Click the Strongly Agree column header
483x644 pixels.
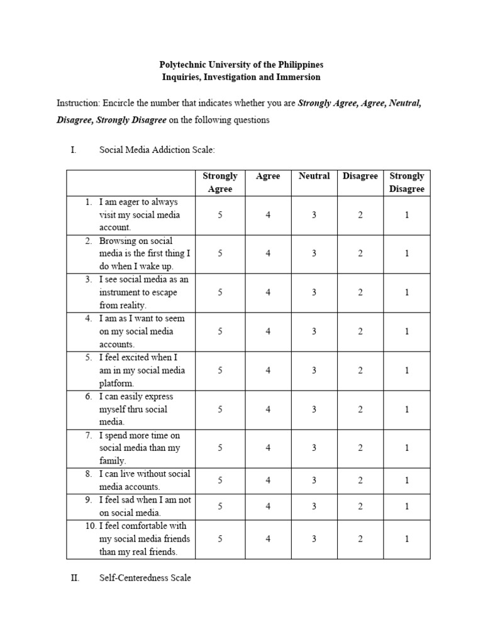tap(219, 182)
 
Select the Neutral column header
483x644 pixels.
tap(314, 176)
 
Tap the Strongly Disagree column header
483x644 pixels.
tap(406, 182)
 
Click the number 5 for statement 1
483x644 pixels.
tap(220, 215)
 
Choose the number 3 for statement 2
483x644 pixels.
tap(314, 253)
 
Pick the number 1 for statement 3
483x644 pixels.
tap(407, 292)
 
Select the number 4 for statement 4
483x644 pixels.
tap(268, 331)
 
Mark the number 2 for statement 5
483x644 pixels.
tap(360, 370)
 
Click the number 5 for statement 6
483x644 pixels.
tap(220, 409)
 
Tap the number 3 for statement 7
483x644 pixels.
tap(314, 448)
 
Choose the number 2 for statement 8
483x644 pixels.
tap(360, 480)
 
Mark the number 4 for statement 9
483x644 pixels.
tap(268, 506)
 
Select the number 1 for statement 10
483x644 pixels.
tap(407, 539)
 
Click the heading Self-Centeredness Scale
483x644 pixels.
tap(145, 577)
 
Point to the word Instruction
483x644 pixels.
tap(78, 103)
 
